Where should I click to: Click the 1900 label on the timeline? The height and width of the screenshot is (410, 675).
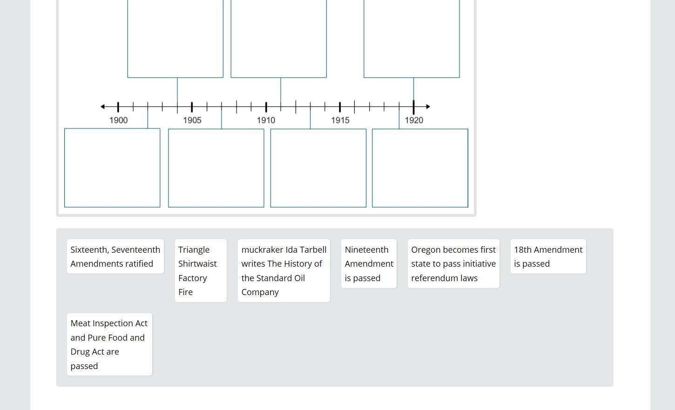(x=118, y=120)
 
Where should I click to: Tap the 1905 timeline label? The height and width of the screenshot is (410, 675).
(x=192, y=120)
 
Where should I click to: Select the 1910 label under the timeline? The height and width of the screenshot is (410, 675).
(x=266, y=120)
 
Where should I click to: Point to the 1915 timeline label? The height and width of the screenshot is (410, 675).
(x=340, y=120)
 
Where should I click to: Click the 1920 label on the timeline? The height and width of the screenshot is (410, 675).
(x=414, y=120)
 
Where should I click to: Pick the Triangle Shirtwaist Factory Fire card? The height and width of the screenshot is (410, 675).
(x=201, y=270)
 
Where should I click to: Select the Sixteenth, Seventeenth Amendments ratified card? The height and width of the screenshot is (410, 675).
(x=115, y=256)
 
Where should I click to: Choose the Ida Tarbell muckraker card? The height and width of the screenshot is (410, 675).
(x=283, y=270)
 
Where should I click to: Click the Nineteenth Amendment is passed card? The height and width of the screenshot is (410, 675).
(x=369, y=263)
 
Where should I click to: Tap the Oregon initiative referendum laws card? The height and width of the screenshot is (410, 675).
(x=453, y=263)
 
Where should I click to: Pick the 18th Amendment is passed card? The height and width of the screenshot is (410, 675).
(x=548, y=256)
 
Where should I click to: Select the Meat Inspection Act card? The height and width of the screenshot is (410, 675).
(x=109, y=344)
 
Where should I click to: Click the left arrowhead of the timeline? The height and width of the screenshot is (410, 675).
(x=102, y=107)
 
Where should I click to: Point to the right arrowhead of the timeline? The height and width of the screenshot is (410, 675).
(x=428, y=107)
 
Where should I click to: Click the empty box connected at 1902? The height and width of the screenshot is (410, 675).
(x=112, y=168)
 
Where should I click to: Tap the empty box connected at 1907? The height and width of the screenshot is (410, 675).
(x=216, y=168)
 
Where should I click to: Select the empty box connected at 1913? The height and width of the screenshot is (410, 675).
(x=318, y=168)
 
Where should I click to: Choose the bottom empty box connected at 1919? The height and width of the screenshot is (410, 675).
(x=420, y=168)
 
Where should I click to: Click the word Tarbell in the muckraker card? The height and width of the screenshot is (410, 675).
(x=313, y=249)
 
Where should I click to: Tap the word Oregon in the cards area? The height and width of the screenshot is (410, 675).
(x=426, y=249)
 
